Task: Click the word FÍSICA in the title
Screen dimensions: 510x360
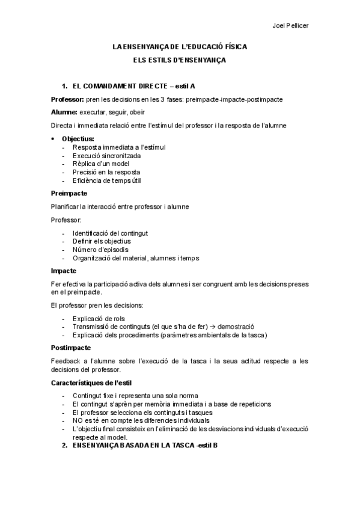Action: click(x=234, y=46)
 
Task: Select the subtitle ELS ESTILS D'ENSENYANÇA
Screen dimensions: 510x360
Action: click(x=180, y=60)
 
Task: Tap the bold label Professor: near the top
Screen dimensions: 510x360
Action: click(x=68, y=99)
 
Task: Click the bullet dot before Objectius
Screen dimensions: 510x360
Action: click(x=53, y=139)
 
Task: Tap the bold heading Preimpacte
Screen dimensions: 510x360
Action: click(x=69, y=193)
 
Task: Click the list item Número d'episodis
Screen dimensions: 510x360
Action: click(x=100, y=250)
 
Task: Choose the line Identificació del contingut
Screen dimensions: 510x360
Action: click(x=110, y=233)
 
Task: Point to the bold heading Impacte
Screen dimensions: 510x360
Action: click(x=64, y=271)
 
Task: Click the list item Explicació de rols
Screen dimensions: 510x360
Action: click(x=99, y=318)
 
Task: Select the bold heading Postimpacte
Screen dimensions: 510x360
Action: click(x=71, y=348)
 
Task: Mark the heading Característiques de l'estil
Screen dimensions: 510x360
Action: click(x=92, y=382)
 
